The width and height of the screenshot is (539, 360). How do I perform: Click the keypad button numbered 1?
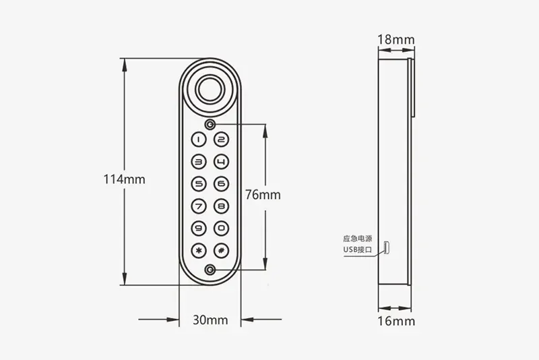(199, 140)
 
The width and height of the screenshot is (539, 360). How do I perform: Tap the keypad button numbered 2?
(222, 140)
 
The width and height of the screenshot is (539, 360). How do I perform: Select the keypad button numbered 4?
(222, 162)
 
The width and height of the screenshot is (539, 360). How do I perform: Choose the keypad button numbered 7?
(199, 206)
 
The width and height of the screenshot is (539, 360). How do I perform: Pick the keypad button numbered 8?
(222, 206)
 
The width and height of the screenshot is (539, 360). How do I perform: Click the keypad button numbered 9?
(199, 229)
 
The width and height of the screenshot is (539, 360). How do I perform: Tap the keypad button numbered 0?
(222, 229)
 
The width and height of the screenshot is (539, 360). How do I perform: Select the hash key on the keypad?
(222, 250)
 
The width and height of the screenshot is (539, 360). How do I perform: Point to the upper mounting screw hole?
(210, 125)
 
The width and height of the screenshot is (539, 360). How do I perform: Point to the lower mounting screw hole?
(210, 270)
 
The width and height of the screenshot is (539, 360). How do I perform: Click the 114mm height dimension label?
(124, 179)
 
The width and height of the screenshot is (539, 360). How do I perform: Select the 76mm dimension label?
(263, 195)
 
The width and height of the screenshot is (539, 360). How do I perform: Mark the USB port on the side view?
(387, 247)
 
